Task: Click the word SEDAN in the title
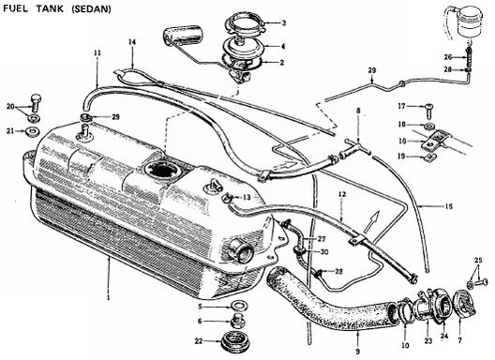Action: (92, 8)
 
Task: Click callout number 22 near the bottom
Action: (199, 341)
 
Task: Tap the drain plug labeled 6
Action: (235, 322)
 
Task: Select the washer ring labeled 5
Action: (240, 306)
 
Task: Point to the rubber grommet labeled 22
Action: (235, 341)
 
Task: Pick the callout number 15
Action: (448, 206)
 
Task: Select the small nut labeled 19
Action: (429, 157)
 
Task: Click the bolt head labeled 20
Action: (36, 101)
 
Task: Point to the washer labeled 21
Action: (32, 131)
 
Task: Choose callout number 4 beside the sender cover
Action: (283, 47)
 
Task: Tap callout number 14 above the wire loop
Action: (132, 41)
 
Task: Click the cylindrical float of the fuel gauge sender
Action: (184, 35)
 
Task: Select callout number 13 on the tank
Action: (247, 198)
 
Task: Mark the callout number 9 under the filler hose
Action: (358, 352)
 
